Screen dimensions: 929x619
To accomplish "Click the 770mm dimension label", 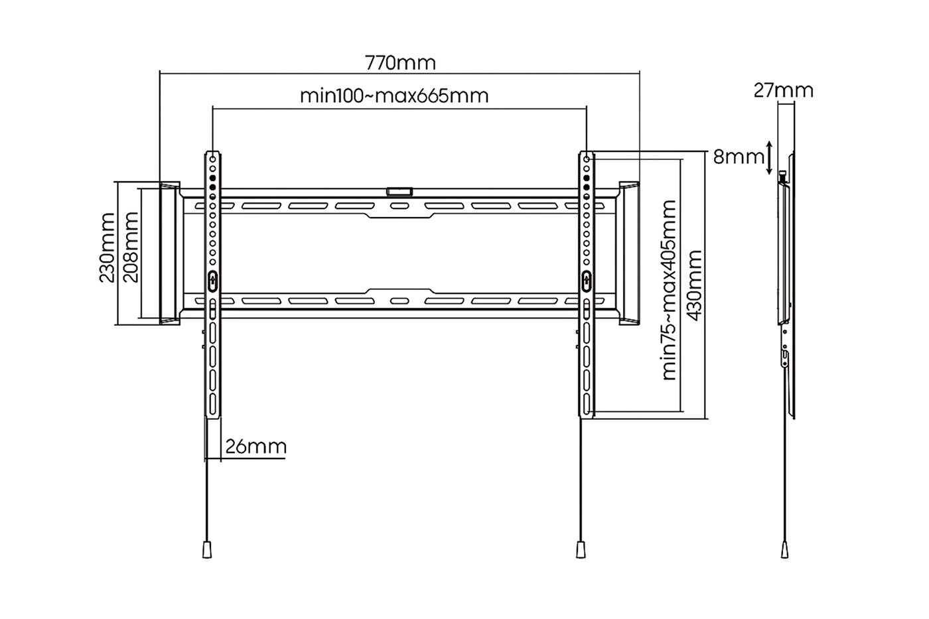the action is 400,63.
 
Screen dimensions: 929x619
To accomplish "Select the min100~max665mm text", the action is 394,96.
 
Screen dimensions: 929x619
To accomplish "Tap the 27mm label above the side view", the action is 783,91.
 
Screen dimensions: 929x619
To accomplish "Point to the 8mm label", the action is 739,157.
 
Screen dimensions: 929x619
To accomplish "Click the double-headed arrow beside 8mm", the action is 769,158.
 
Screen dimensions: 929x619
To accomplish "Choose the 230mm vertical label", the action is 107,248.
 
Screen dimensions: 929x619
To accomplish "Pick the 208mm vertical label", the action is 131,247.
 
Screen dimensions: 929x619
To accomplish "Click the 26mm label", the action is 256,447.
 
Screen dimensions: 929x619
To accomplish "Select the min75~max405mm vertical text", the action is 670,290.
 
